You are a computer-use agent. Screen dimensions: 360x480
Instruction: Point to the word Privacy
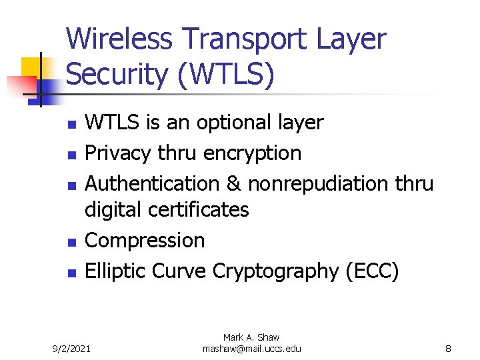(118, 153)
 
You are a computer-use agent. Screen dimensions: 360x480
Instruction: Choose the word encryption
(253, 153)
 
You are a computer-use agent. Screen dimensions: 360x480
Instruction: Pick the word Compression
(145, 240)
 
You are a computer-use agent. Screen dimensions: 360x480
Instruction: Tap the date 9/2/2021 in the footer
(73, 349)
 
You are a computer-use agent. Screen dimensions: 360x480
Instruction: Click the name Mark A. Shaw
(251, 338)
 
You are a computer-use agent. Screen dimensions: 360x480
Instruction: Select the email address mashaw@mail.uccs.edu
(251, 349)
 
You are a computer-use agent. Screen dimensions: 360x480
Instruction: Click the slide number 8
(449, 349)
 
